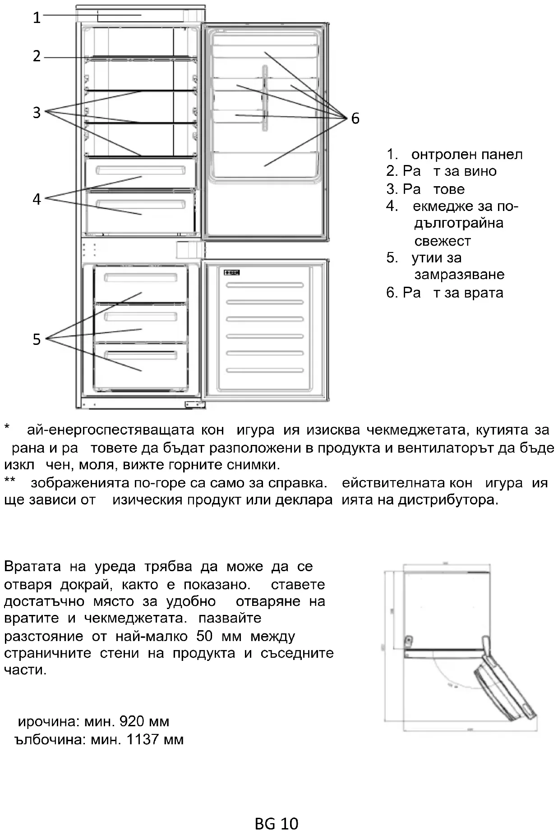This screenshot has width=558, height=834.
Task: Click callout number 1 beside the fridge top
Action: pyautogui.click(x=37, y=18)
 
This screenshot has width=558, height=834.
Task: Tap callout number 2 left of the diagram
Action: pyautogui.click(x=37, y=56)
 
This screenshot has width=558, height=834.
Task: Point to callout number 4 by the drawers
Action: pyautogui.click(x=37, y=199)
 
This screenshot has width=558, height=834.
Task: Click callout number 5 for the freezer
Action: pyautogui.click(x=37, y=339)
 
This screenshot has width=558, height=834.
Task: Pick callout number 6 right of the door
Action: pyautogui.click(x=355, y=119)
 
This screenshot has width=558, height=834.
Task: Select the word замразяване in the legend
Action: pyautogui.click(x=459, y=275)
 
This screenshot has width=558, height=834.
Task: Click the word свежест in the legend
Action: pyautogui.click(x=443, y=241)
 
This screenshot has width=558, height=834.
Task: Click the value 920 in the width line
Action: pyautogui.click(x=132, y=722)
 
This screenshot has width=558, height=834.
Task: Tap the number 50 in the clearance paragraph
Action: pyautogui.click(x=204, y=636)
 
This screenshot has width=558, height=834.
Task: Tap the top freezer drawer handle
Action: pyautogui.click(x=140, y=277)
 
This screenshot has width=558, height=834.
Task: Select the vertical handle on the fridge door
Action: pyautogui.click(x=265, y=98)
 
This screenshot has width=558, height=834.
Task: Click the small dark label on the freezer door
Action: pyautogui.click(x=231, y=273)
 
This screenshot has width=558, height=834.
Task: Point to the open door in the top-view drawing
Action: pyautogui.click(x=505, y=681)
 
